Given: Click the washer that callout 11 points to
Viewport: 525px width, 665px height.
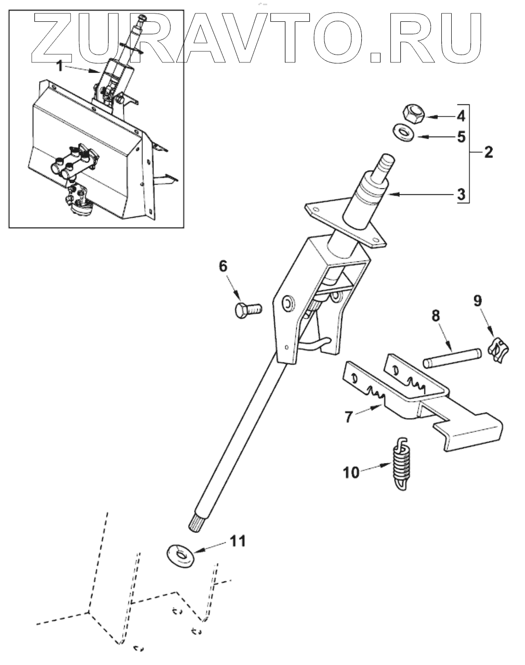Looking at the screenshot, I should [x=181, y=555].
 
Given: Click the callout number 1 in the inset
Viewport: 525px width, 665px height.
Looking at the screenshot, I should [x=60, y=66].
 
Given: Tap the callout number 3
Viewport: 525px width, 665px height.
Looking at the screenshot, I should [x=461, y=195].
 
